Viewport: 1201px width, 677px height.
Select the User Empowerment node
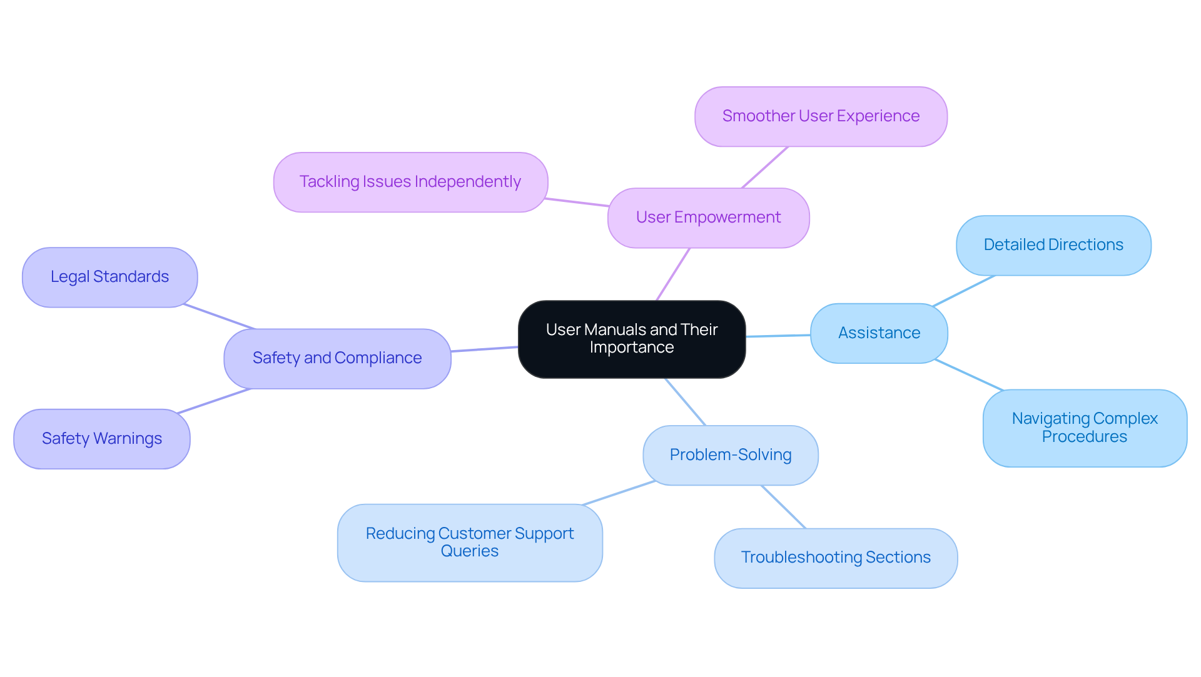(x=708, y=218)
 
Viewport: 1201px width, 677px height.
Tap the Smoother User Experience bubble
(x=821, y=116)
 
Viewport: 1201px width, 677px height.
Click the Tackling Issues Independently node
(x=410, y=182)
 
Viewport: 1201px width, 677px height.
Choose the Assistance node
(x=879, y=333)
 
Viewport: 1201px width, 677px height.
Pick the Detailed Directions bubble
(x=1053, y=245)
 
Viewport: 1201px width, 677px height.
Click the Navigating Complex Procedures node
(x=1085, y=428)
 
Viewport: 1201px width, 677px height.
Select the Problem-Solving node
(x=730, y=455)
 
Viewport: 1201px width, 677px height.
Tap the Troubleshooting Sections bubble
(x=836, y=558)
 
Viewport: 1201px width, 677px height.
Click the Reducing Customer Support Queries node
(x=470, y=543)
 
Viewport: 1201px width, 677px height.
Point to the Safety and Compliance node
(x=337, y=358)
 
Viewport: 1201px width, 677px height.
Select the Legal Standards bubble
(x=109, y=277)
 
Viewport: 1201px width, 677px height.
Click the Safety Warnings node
(x=101, y=439)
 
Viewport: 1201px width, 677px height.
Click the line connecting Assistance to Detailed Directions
(x=963, y=291)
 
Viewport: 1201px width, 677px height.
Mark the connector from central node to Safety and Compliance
(x=485, y=349)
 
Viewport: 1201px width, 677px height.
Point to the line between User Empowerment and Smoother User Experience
(x=764, y=168)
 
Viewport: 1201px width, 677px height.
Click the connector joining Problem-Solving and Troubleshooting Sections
(x=783, y=507)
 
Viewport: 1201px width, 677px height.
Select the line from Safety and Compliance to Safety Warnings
(x=214, y=401)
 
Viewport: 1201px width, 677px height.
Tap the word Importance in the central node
(x=632, y=348)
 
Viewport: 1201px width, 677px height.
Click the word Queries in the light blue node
(x=470, y=551)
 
